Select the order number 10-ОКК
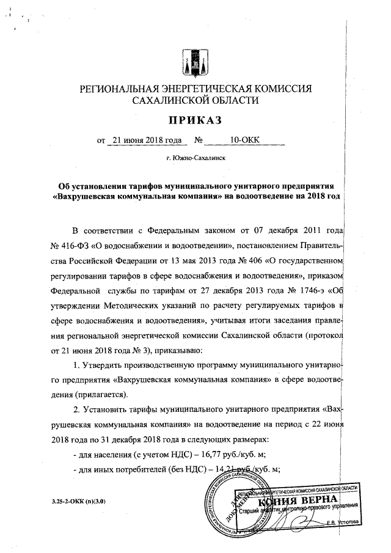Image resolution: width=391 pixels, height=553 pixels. coord(245,140)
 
